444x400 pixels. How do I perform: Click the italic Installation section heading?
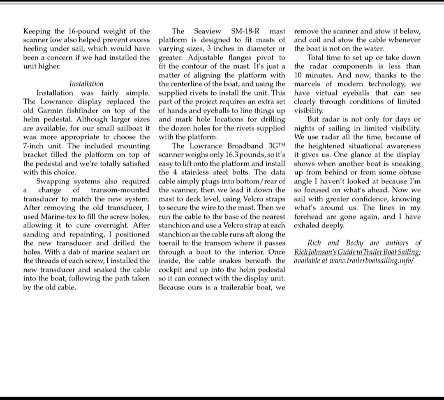86,84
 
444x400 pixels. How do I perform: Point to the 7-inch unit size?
36,146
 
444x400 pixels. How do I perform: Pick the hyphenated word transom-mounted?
120,190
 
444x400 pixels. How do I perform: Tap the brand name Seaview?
208,31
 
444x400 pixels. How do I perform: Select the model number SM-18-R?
246,31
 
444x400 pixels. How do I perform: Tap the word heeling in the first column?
36,49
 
